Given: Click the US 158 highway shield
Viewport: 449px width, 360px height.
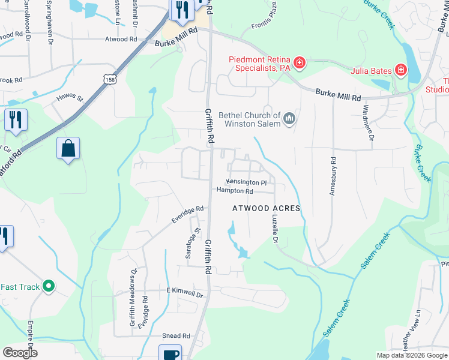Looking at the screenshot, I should (109, 79).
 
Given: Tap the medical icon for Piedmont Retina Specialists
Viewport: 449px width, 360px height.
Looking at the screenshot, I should (299, 62).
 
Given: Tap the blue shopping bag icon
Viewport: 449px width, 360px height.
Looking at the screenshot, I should (68, 149).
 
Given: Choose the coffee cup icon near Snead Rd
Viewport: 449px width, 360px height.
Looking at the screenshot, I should (170, 354).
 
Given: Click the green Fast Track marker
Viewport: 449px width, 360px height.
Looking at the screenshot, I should (49, 287).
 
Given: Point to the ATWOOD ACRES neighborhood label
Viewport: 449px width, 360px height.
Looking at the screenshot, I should (266, 208).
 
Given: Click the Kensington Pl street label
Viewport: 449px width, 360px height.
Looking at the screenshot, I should (246, 182).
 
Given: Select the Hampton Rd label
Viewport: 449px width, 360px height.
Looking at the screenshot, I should (235, 191).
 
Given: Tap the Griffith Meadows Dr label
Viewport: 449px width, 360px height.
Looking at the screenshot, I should (133, 305).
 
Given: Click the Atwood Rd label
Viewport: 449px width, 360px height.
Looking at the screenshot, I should (121, 39).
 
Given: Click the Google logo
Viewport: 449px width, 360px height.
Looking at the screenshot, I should (20, 353).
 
